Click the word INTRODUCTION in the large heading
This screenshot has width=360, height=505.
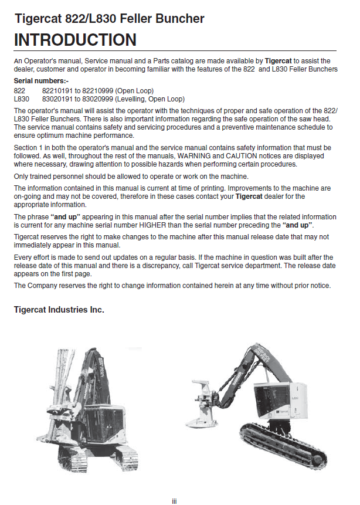(75, 40)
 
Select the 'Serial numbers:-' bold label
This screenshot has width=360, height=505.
(39, 80)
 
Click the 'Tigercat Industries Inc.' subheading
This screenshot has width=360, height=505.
(59, 309)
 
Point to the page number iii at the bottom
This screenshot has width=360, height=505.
(174, 500)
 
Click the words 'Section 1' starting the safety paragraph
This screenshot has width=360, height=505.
(28, 147)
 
